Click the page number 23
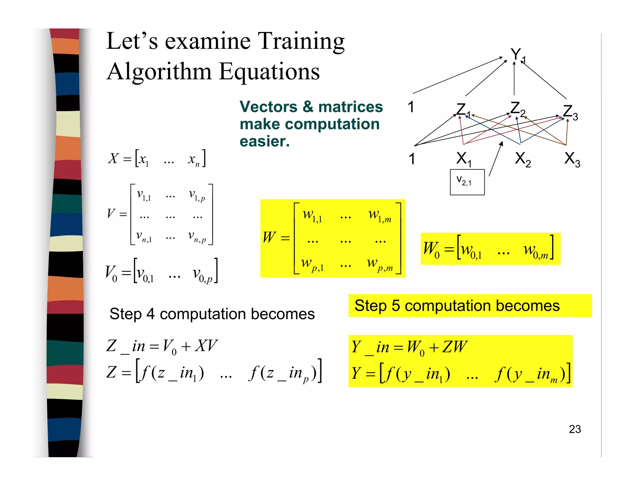575,429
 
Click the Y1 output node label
518,55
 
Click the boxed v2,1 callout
467,182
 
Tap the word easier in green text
265,141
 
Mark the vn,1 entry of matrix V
144,237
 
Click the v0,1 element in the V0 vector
145,274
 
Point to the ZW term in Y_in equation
455,347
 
